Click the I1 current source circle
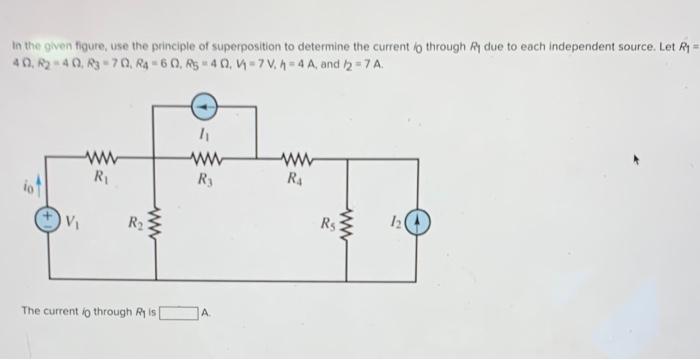(x=204, y=102)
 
